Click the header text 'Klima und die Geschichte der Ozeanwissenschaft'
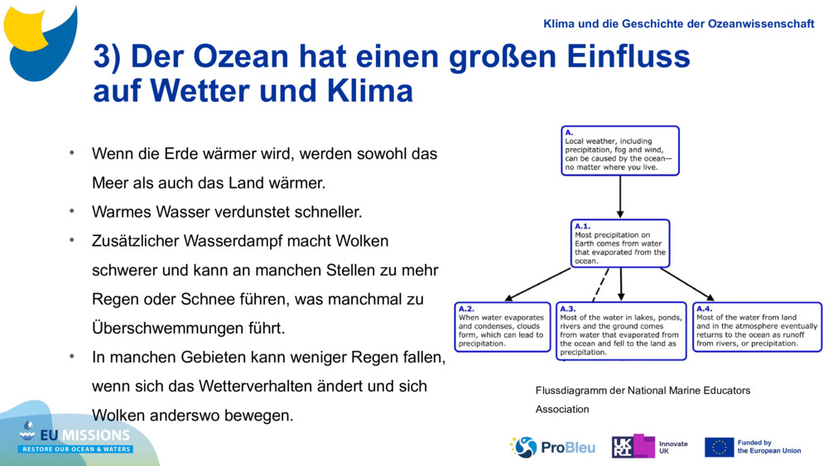(x=678, y=24)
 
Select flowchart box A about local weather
(x=620, y=151)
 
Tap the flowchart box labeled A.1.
(x=620, y=243)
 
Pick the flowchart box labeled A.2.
(x=503, y=327)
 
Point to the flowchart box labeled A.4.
(x=757, y=327)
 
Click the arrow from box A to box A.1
(x=620, y=197)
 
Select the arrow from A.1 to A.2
(x=538, y=284)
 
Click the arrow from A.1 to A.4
(x=687, y=284)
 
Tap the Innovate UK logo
(x=649, y=447)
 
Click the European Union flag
(x=719, y=447)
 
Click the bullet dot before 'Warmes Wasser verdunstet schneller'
(x=72, y=211)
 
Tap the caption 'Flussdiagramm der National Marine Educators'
(x=643, y=390)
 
